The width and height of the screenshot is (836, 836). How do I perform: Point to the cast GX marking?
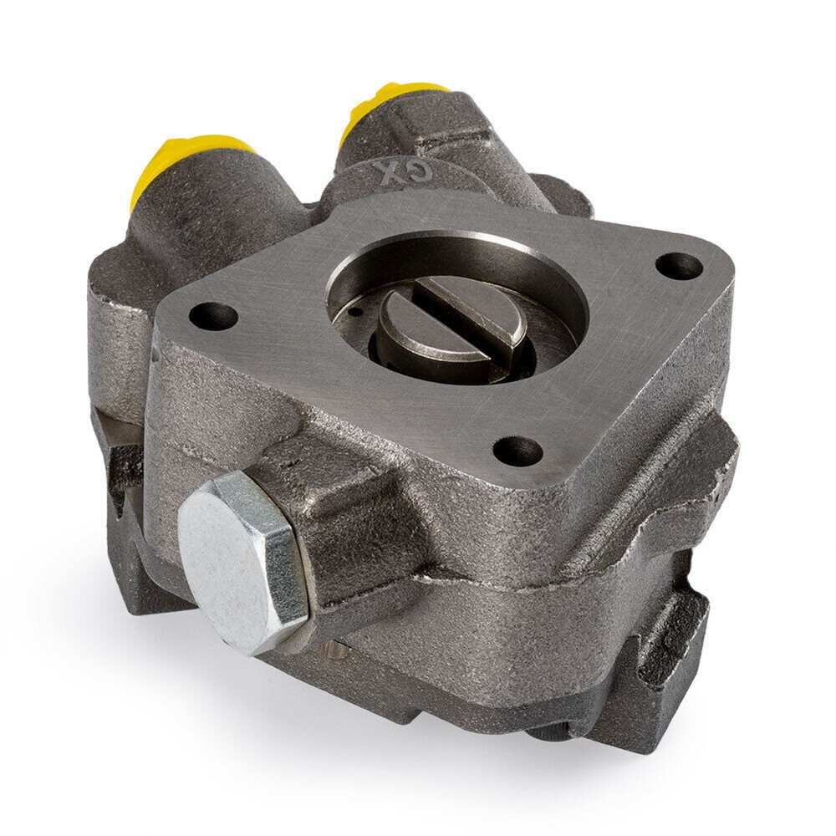pyautogui.click(x=394, y=170)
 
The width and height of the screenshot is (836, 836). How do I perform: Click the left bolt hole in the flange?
pyautogui.click(x=212, y=316)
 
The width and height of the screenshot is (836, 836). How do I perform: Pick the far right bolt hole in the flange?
pyautogui.click(x=679, y=265)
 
